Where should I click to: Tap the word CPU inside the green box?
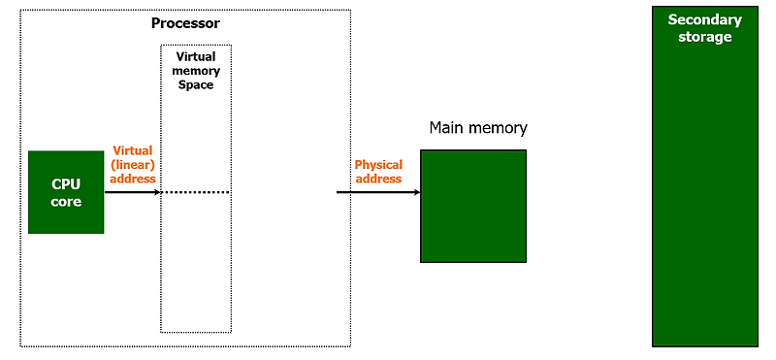pos(66,184)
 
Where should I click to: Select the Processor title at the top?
pos(185,22)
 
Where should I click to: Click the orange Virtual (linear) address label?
pos(134,164)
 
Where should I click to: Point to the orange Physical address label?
pos(378,172)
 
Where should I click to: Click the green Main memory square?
pos(472,206)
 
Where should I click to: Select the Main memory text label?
pos(478,128)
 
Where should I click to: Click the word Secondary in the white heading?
pos(704,20)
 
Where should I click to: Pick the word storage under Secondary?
pos(704,37)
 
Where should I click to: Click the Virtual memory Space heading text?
pos(196,71)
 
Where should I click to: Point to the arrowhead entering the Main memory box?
pos(415,192)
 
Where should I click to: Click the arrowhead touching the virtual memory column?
pos(155,192)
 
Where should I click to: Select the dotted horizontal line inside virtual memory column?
pos(196,192)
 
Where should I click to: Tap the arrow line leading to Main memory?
pos(373,192)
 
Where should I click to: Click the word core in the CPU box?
pos(66,202)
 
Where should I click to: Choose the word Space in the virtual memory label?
pos(196,85)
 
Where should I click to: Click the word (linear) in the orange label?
pos(134,164)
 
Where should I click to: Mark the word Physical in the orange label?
pos(378,165)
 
